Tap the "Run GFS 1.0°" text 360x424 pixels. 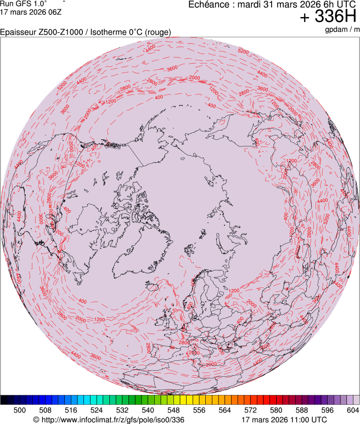[x=19, y=3]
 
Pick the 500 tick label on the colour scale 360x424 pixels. [x=20, y=409]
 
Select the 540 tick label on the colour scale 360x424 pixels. [x=148, y=409]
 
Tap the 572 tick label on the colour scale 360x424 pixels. [x=250, y=409]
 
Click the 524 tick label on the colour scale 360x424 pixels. [x=97, y=409]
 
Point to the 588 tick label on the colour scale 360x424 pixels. [x=301, y=409]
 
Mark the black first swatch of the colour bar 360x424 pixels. [x=4, y=400]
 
